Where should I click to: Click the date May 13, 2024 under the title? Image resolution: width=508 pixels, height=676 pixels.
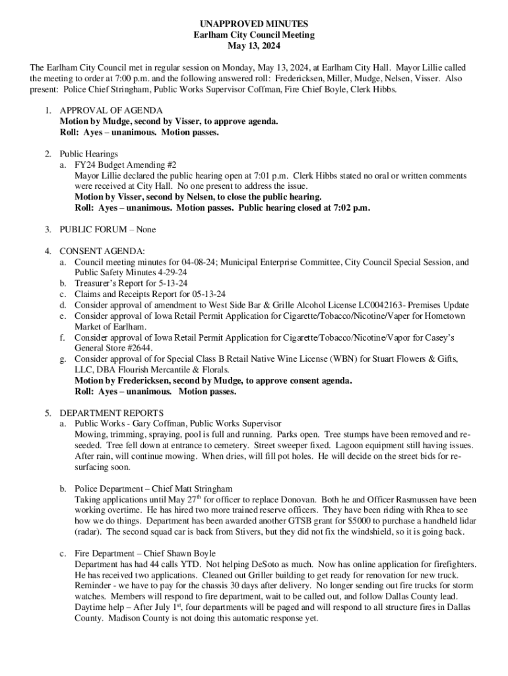tap(253, 46)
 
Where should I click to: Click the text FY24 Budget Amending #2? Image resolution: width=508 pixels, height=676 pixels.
tap(125, 165)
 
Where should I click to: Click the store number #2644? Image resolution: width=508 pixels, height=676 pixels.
tap(137, 348)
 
